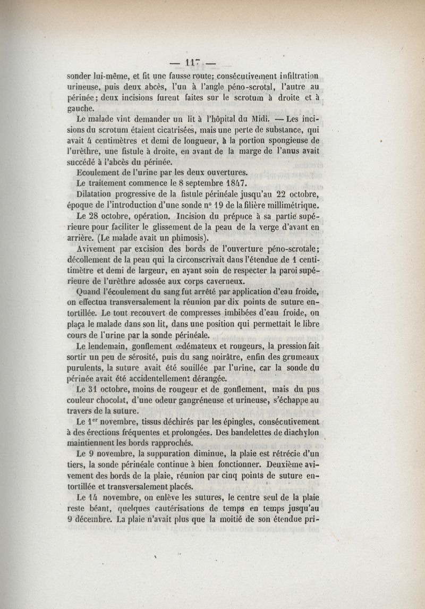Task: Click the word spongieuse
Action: (x=278, y=140)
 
